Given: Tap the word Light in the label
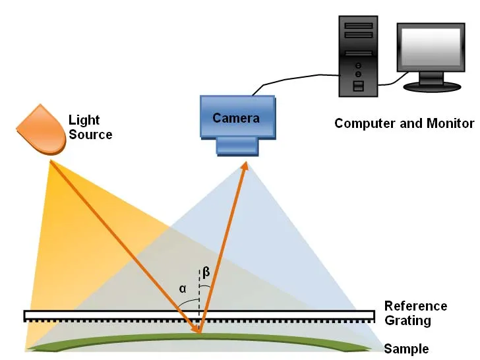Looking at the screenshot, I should tap(84, 120).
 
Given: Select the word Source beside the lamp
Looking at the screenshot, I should tap(90, 135).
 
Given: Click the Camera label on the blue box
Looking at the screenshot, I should tap(235, 118).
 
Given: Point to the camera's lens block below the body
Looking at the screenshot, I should tap(237, 146).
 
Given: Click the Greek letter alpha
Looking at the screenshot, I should tap(183, 288).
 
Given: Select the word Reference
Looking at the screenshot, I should tap(415, 306).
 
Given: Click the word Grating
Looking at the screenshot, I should tap(407, 321).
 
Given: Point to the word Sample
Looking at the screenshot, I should tap(406, 349).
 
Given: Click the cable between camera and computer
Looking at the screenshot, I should tap(297, 79).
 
